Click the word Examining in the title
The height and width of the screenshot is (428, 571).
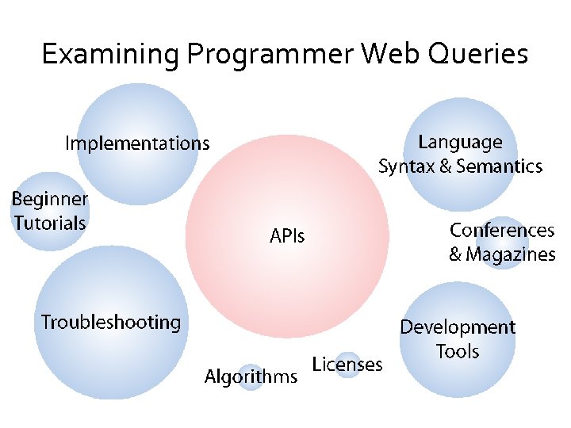pyautogui.click(x=111, y=55)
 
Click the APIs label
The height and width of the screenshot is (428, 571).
pyautogui.click(x=287, y=235)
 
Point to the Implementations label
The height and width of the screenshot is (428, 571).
pyautogui.click(x=137, y=143)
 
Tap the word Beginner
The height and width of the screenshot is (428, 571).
pyautogui.click(x=50, y=198)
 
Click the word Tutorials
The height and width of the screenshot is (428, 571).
pyautogui.click(x=50, y=223)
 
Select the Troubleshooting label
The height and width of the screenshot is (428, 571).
pyautogui.click(x=111, y=323)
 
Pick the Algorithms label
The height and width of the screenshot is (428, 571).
pyautogui.click(x=251, y=376)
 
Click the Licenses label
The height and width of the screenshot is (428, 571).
pyautogui.click(x=347, y=365)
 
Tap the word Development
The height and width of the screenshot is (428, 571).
pyautogui.click(x=458, y=327)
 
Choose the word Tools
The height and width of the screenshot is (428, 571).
pyautogui.click(x=458, y=351)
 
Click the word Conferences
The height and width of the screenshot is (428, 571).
pyautogui.click(x=502, y=231)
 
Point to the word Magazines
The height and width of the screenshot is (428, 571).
pyautogui.click(x=511, y=254)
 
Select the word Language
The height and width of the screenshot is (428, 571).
pyautogui.click(x=460, y=143)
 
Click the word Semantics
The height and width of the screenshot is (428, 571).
pyautogui.click(x=499, y=166)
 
